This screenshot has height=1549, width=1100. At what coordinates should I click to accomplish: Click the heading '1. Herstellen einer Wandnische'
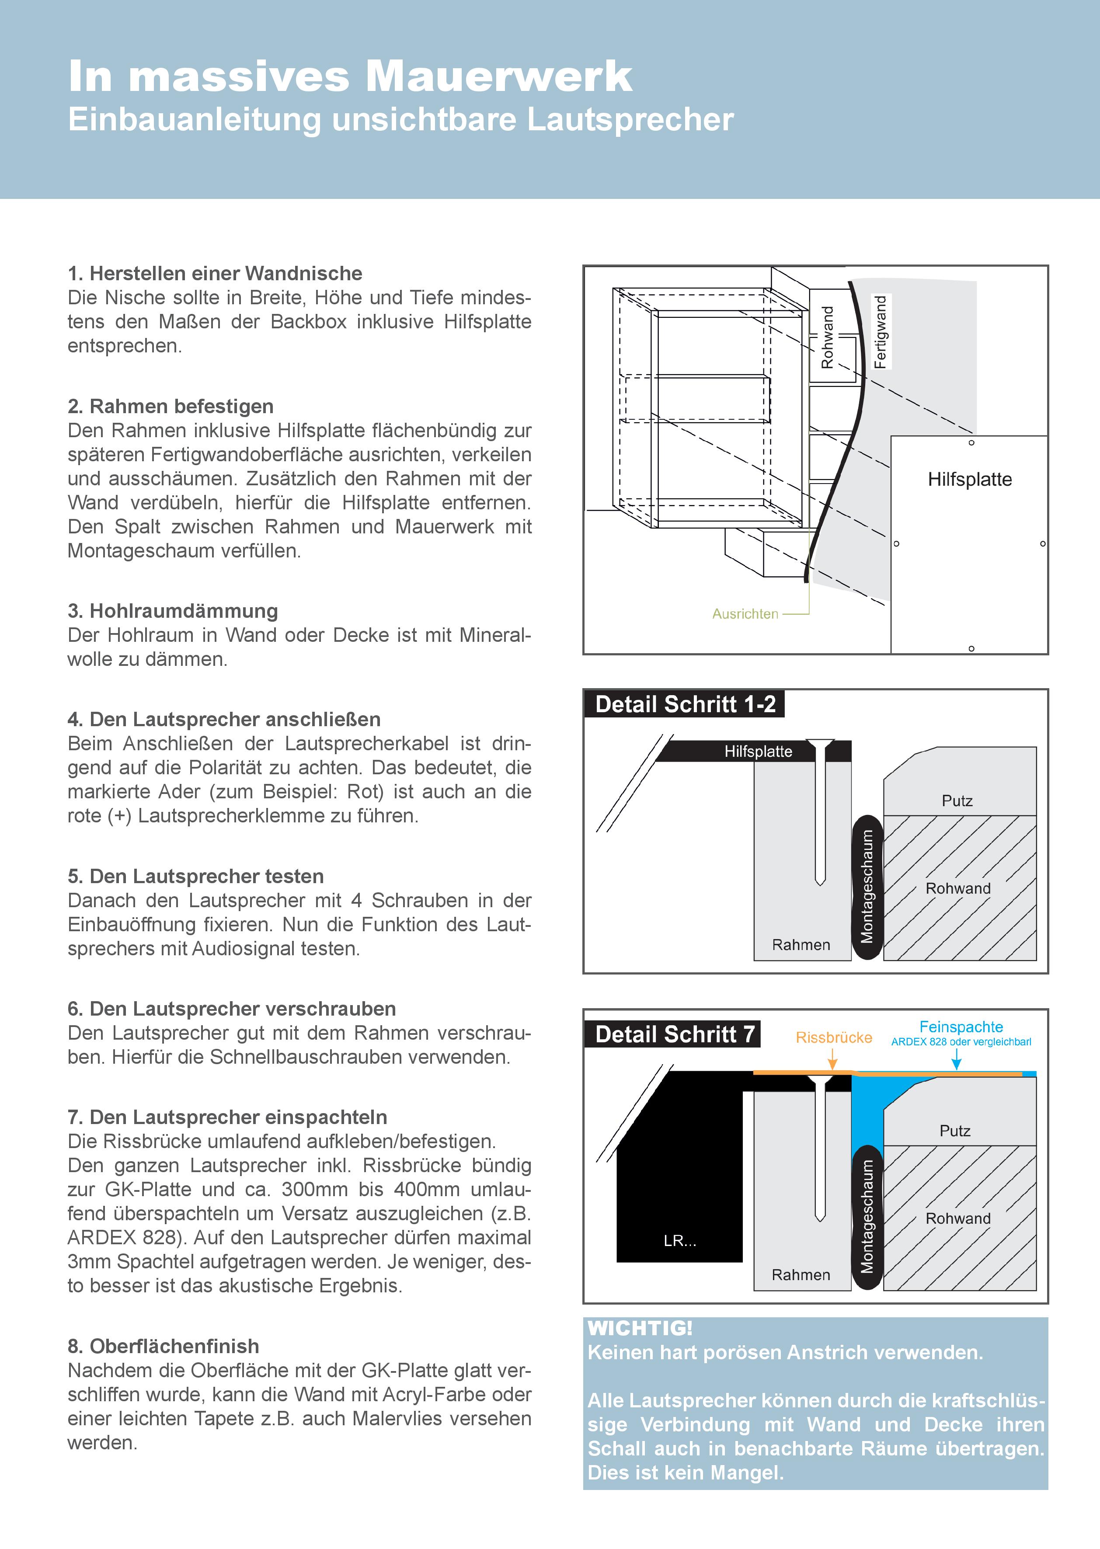click(215, 274)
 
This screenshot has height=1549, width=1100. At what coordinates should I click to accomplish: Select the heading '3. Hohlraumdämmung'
click(173, 611)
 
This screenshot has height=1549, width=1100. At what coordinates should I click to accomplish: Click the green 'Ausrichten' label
click(745, 614)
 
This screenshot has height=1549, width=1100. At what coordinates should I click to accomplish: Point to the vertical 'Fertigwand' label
click(880, 331)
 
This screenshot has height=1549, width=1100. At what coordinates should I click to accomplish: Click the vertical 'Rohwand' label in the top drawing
click(827, 337)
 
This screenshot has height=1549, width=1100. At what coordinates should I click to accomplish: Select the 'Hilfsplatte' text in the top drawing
click(969, 480)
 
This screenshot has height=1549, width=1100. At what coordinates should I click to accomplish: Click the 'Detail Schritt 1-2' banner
click(685, 704)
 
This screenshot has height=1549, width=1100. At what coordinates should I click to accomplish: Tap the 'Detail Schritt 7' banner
click(674, 1034)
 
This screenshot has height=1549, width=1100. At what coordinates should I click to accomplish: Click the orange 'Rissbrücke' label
click(834, 1037)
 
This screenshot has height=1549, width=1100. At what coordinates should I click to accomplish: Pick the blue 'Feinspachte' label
click(961, 1027)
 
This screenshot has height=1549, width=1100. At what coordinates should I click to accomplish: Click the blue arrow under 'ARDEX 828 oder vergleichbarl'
click(957, 1059)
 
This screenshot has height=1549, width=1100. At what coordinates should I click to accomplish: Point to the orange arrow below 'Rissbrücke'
click(833, 1060)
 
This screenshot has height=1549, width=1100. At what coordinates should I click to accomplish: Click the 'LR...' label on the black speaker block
click(679, 1241)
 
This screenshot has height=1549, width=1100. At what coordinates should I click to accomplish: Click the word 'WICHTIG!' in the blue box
click(640, 1328)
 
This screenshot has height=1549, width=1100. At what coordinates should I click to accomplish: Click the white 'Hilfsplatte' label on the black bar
click(758, 751)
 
